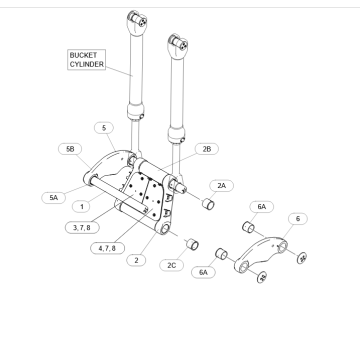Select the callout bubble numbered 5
103,128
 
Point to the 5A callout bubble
56,198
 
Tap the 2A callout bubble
221,185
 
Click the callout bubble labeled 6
296,218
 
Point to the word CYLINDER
86,65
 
